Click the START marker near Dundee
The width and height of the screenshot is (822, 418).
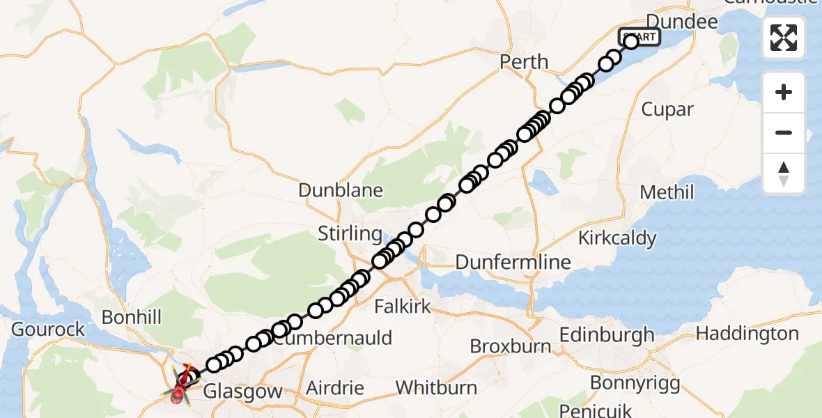[638, 36]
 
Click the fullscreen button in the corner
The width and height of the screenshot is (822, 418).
[784, 38]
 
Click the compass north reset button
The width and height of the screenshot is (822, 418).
[784, 173]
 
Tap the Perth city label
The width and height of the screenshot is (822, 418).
[524, 61]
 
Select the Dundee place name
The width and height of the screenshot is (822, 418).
[682, 22]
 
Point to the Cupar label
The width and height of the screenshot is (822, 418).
[667, 109]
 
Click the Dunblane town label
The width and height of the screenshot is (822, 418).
[341, 189]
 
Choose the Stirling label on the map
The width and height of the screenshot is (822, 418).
[350, 233]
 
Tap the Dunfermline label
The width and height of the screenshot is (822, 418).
[513, 263]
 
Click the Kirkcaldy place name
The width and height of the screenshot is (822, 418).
[617, 238]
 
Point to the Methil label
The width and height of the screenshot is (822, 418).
[667, 192]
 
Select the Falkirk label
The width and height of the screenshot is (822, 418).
[403, 306]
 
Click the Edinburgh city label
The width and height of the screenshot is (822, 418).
[609, 334]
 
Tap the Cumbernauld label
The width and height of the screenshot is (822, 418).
[332, 339]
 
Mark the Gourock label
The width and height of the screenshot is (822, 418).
[48, 329]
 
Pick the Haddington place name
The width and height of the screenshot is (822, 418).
[747, 334]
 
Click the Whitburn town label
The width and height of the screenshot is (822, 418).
[436, 387]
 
